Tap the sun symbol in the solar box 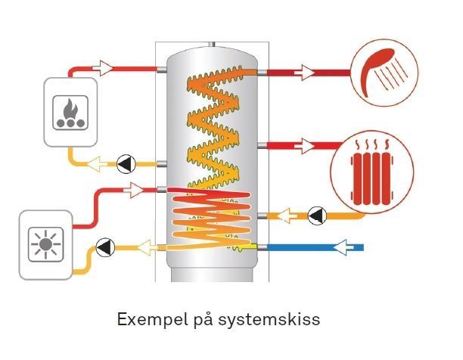click(x=46, y=245)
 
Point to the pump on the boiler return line click(x=125, y=162)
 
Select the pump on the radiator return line click(x=315, y=216)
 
